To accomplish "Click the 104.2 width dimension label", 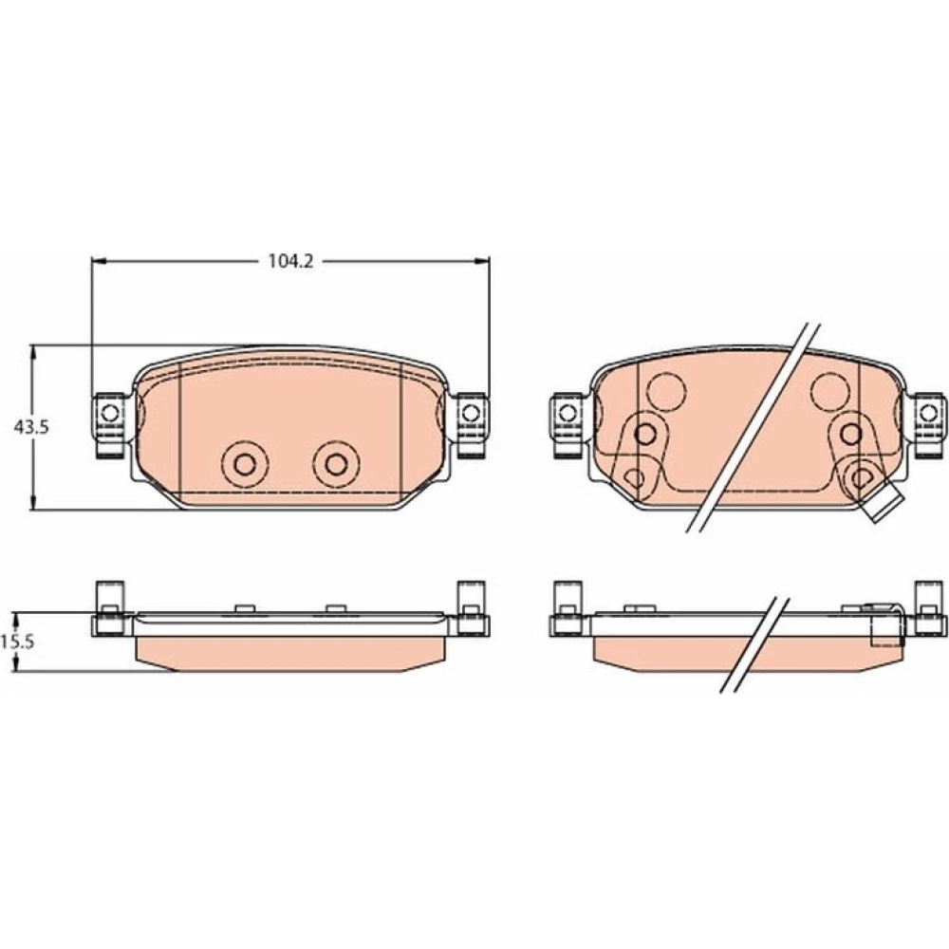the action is click(x=290, y=262).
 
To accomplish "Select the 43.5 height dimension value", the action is click(x=31, y=427).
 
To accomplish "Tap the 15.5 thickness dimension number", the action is click(x=17, y=642).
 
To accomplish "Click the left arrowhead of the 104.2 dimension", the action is click(x=99, y=262).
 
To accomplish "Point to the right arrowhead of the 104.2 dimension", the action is click(x=482, y=262).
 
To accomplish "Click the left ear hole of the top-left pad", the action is click(x=110, y=414).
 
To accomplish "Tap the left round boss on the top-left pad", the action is click(x=245, y=464).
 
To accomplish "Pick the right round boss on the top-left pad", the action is click(x=335, y=464).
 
